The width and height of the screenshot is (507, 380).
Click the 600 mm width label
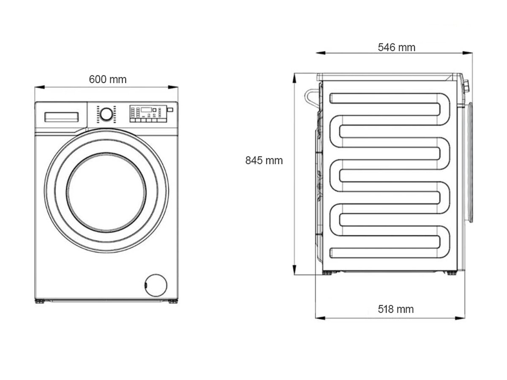click(107, 79)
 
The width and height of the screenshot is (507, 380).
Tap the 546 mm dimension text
click(396, 47)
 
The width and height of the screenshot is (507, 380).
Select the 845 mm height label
click(264, 160)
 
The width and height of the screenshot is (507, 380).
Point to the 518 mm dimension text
click(395, 309)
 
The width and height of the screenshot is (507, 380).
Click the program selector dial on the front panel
click(106, 114)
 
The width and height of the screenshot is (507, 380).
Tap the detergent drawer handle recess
click(62, 117)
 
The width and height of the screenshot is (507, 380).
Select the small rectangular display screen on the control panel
click(147, 110)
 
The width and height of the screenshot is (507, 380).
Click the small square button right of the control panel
click(170, 110)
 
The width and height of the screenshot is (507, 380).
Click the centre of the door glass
click(106, 193)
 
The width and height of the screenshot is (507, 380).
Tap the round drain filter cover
click(155, 284)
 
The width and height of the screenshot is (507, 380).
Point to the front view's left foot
click(39, 301)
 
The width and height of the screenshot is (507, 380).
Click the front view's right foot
click(173, 301)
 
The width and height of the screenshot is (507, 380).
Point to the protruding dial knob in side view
click(467, 86)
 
